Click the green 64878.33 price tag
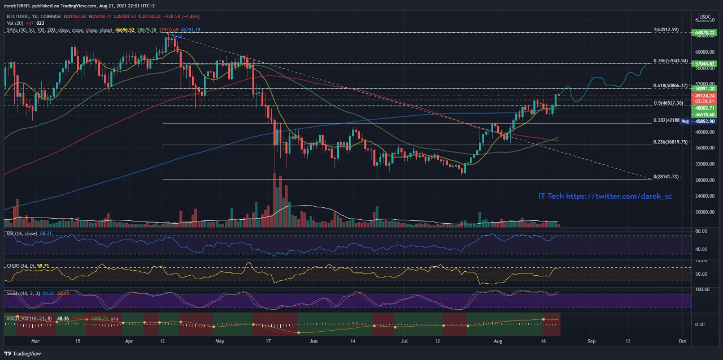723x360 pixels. [x=705, y=33]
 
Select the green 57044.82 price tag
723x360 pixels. [x=705, y=64]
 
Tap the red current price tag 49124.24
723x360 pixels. [x=705, y=96]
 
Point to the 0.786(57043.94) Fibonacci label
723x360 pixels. [x=670, y=60]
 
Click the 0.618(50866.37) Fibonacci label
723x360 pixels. [x=670, y=85]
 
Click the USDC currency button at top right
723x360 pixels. [x=705, y=16]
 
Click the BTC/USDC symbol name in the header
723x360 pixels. [x=17, y=17]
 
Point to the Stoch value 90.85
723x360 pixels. [x=48, y=293]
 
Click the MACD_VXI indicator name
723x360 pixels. [x=18, y=319]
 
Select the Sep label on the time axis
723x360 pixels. [x=591, y=341]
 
